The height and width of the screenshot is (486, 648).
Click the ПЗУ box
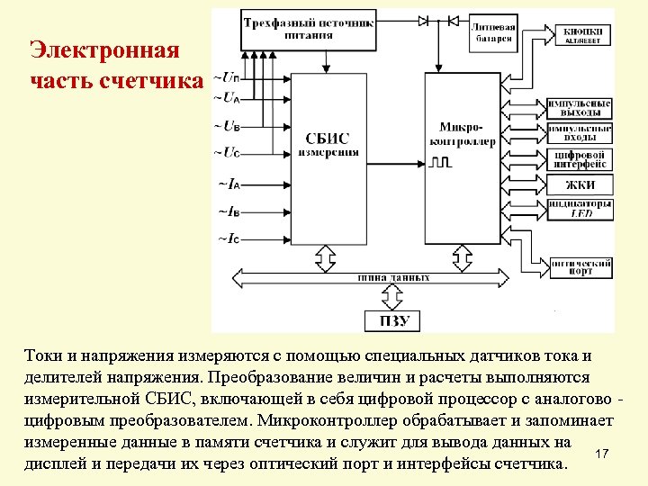point(395,321)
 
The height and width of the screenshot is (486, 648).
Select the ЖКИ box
point(580,186)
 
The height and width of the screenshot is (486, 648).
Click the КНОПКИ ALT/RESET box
point(582,35)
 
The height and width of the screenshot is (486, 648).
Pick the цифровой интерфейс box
point(580,160)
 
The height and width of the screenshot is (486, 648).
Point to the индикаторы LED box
point(580,210)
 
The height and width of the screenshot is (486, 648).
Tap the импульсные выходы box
point(580,108)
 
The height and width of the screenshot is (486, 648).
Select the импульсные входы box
point(580,133)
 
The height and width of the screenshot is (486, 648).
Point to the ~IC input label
point(228,238)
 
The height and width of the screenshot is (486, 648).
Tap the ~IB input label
point(228,211)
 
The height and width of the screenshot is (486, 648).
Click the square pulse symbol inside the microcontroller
point(440,163)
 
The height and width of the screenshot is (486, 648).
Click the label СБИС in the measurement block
point(328,139)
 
